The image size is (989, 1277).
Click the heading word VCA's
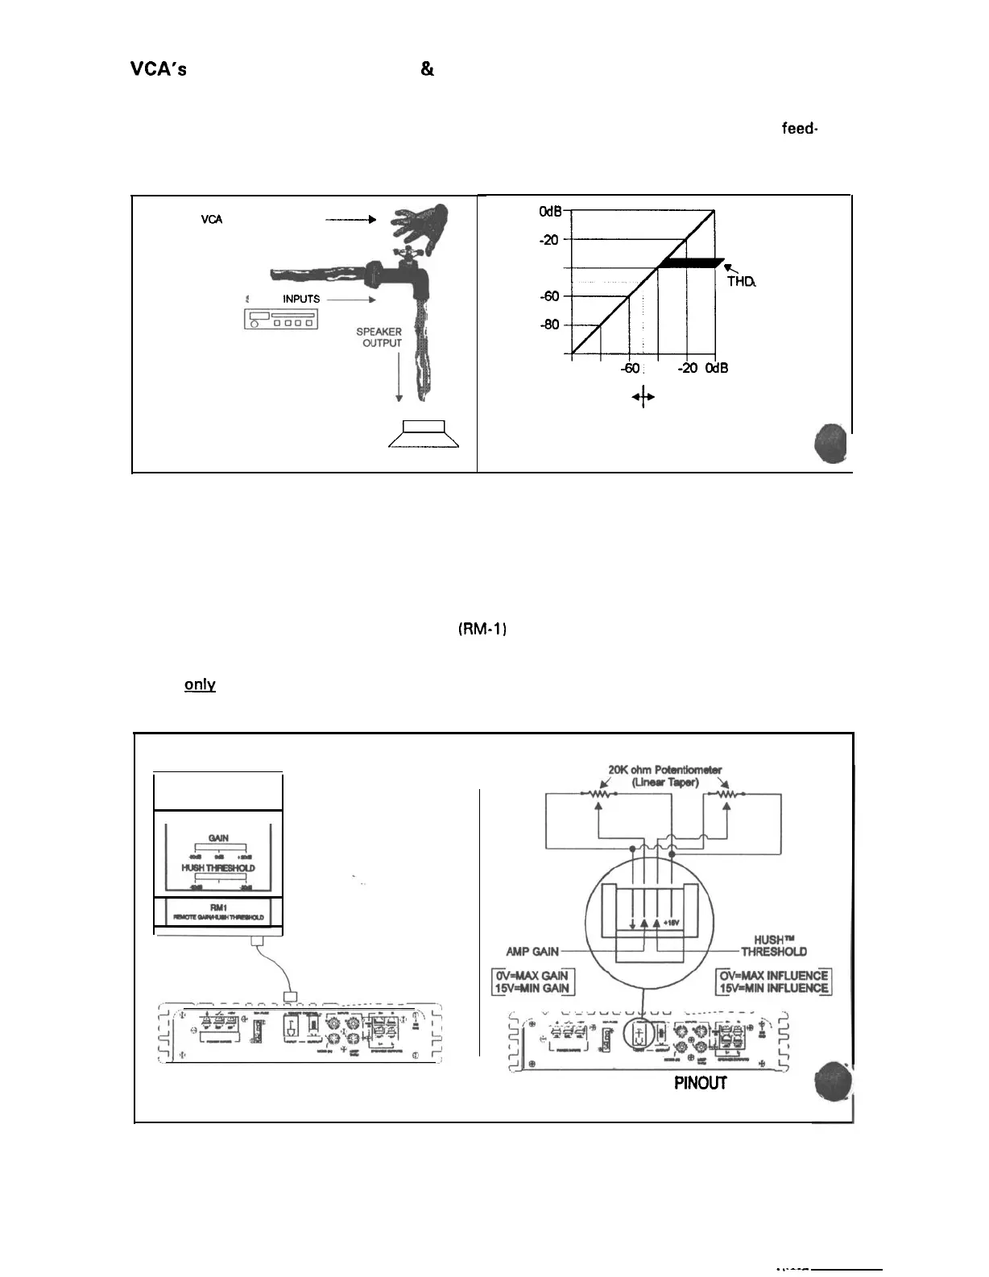(159, 70)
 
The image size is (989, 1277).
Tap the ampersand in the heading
(427, 70)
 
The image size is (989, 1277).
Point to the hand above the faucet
(419, 225)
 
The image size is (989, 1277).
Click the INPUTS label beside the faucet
(301, 299)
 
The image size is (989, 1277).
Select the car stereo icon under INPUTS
(281, 320)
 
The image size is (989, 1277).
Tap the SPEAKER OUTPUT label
(379, 337)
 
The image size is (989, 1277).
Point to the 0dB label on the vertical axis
(551, 211)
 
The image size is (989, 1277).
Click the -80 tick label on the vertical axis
(550, 325)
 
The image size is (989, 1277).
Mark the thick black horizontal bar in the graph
(689, 263)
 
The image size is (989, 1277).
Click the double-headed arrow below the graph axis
(643, 397)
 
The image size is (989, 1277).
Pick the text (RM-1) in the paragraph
(480, 629)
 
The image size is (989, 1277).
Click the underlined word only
(200, 684)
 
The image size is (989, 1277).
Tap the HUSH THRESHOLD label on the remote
(218, 868)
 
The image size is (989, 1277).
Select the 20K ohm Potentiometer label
(664, 770)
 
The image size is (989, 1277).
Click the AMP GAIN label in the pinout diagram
(532, 951)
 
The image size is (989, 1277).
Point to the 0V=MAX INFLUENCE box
(775, 975)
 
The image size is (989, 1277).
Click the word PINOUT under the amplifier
(700, 1083)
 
